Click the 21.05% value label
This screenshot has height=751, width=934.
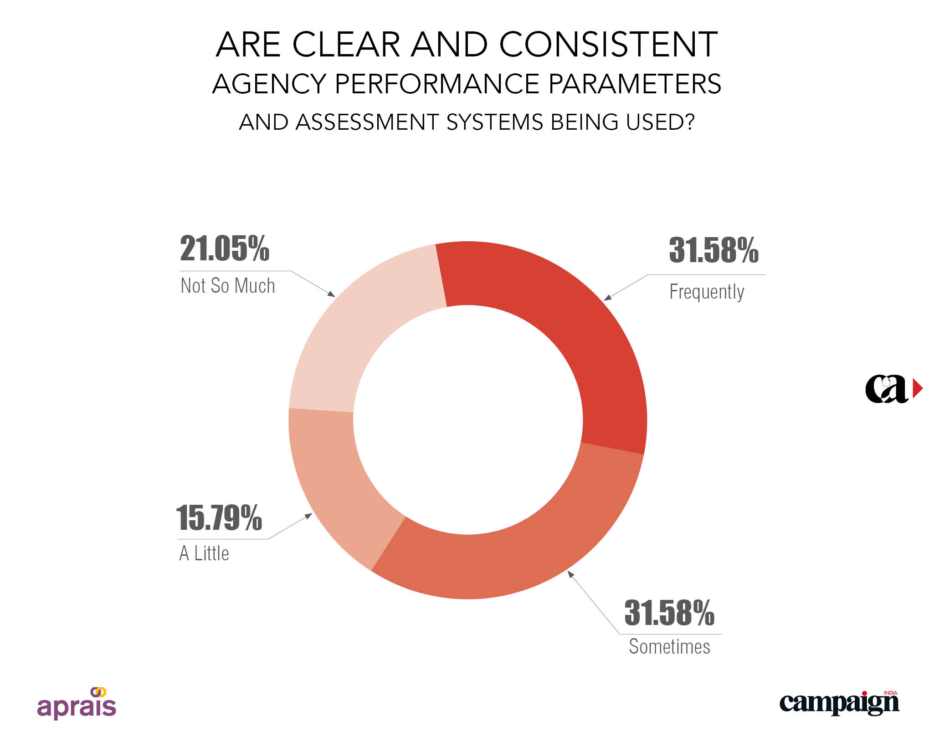(x=225, y=249)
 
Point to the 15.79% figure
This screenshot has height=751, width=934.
(x=219, y=518)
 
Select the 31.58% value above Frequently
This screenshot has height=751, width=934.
(x=713, y=250)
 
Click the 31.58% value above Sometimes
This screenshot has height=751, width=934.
(x=669, y=613)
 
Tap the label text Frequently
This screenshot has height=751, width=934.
(x=707, y=292)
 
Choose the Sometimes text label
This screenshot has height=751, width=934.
(x=669, y=647)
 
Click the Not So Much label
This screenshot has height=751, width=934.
(x=228, y=286)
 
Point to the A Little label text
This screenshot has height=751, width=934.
(x=204, y=553)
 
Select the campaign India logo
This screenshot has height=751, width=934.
(x=839, y=703)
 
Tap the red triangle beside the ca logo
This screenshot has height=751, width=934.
(x=918, y=389)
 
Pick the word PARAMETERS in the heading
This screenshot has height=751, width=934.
(x=635, y=84)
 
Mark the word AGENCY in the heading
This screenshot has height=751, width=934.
(x=269, y=84)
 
